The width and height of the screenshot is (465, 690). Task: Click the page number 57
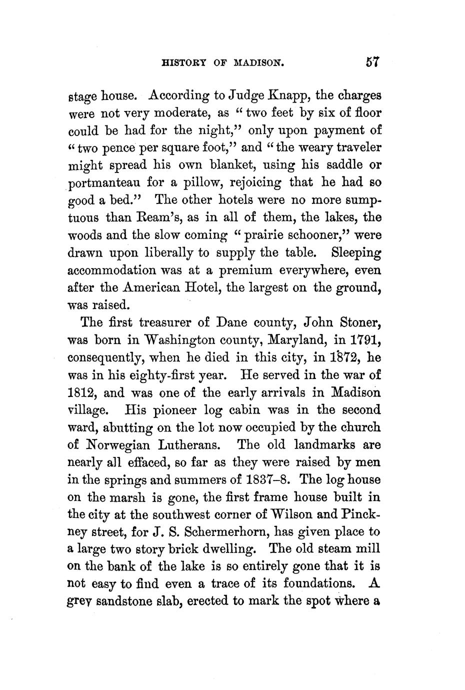coord(373,62)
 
